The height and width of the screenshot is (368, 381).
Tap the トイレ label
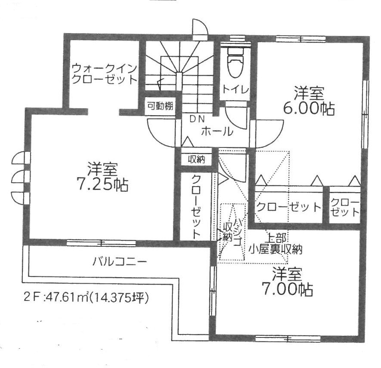235,89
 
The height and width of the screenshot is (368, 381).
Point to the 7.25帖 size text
102,185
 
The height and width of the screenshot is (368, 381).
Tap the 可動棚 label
160,106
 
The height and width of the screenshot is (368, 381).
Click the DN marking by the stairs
197,119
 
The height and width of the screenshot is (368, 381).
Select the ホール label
217,131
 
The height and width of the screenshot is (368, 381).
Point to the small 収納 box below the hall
197,159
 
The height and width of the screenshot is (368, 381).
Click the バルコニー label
120,262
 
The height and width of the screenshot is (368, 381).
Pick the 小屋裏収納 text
276,249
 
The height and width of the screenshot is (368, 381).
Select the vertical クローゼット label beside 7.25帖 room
196,206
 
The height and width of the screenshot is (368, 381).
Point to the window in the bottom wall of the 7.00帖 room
288,338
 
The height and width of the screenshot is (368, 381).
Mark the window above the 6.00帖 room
301,39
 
